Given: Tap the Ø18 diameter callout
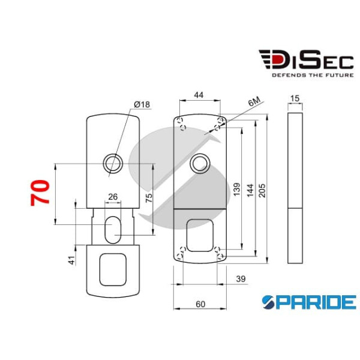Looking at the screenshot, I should [142, 105].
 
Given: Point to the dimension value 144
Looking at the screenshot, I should [248, 191].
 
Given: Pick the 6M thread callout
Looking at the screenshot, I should [255, 104].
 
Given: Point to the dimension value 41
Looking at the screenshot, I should [70, 260].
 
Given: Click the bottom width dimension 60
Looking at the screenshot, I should [200, 304].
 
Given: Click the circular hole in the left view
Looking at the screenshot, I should [112, 162].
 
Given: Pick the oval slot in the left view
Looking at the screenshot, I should [112, 230].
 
